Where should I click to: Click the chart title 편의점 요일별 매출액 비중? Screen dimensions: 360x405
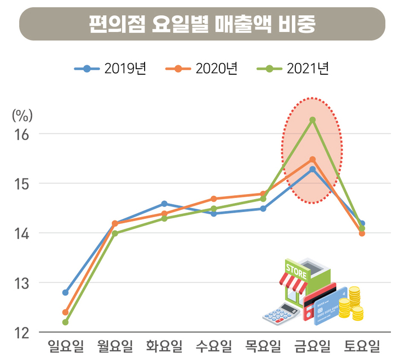pos(202,24)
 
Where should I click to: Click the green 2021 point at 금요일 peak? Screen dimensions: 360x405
pos(312,119)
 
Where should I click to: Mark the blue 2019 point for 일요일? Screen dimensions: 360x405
pos(65,292)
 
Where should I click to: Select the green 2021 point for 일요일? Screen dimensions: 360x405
pos(65,322)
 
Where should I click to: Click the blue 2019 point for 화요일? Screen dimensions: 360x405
pos(164,204)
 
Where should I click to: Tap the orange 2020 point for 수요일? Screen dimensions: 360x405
pos(214,199)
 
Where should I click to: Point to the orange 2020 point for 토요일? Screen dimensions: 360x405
pos(362,233)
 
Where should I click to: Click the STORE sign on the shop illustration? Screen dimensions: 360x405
pos(296,270)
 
